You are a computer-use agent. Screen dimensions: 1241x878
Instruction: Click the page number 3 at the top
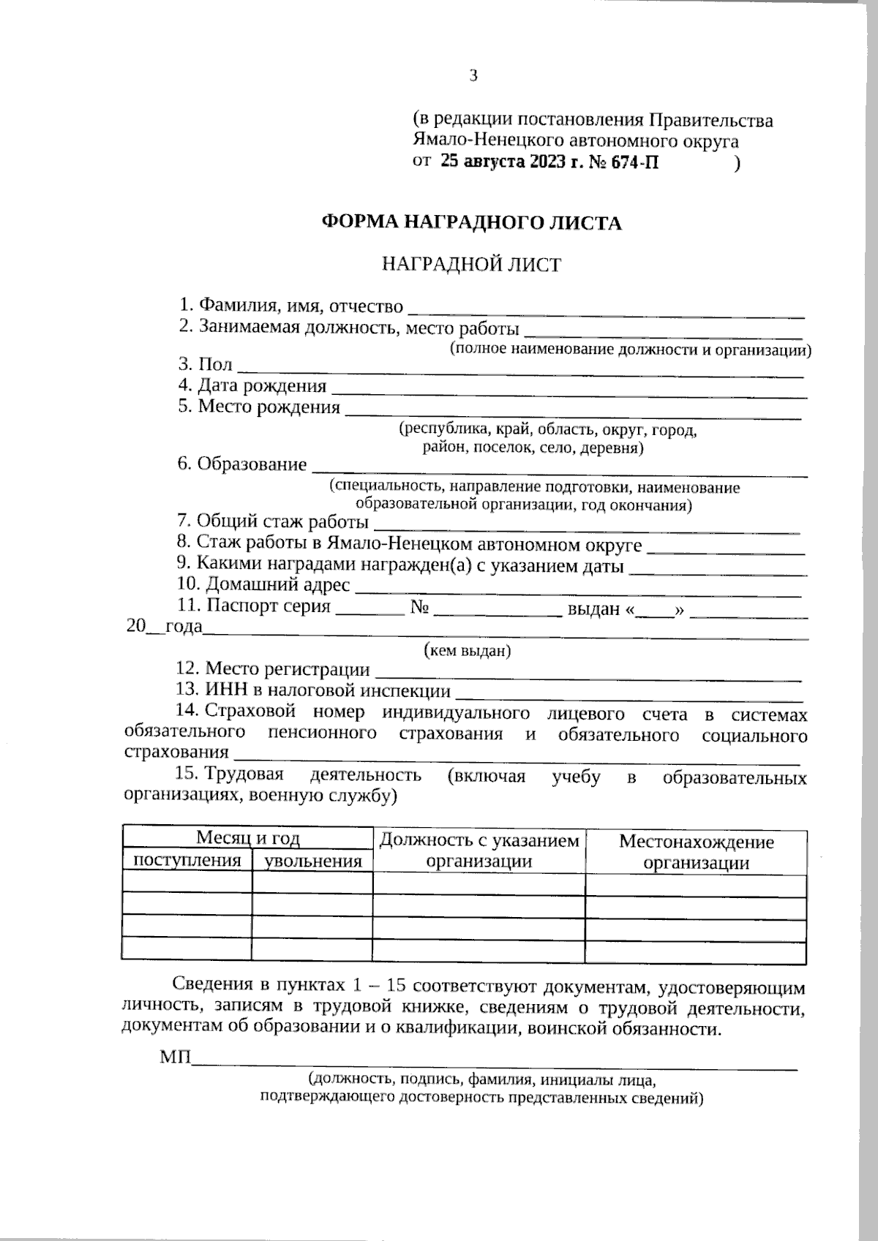473,75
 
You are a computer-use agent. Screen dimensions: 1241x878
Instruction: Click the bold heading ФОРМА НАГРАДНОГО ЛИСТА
472,223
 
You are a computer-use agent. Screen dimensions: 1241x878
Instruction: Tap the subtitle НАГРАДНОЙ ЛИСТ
472,265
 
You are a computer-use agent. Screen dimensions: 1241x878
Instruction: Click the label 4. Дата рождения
252,385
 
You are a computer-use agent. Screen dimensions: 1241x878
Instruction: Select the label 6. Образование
242,464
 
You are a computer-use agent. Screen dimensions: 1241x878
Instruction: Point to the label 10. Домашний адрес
264,585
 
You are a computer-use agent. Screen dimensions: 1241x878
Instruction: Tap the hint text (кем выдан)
468,651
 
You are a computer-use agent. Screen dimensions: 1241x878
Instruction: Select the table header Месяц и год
247,838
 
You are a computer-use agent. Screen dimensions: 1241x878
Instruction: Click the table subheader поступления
187,861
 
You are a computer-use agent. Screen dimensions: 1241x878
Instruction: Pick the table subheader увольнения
312,861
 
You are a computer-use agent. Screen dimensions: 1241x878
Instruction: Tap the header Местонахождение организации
696,852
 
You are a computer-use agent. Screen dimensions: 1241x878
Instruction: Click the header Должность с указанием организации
479,850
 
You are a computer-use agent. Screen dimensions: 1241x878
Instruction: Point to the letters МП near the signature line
174,1057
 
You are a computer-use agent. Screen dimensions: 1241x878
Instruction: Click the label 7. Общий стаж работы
273,522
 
